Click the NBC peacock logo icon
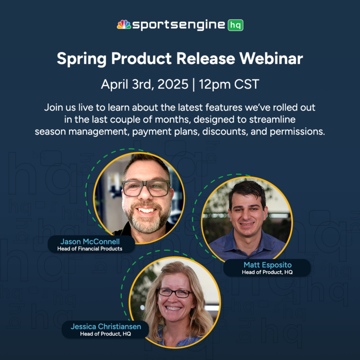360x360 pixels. pos(124,24)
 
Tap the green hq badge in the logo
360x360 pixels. pos(235,25)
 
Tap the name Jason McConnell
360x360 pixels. pos(90,241)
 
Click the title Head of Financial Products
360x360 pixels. pos(90,249)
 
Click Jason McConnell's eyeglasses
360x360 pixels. pos(146,188)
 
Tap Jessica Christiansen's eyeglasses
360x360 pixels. pos(175,292)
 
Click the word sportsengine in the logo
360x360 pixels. pos(179,25)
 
